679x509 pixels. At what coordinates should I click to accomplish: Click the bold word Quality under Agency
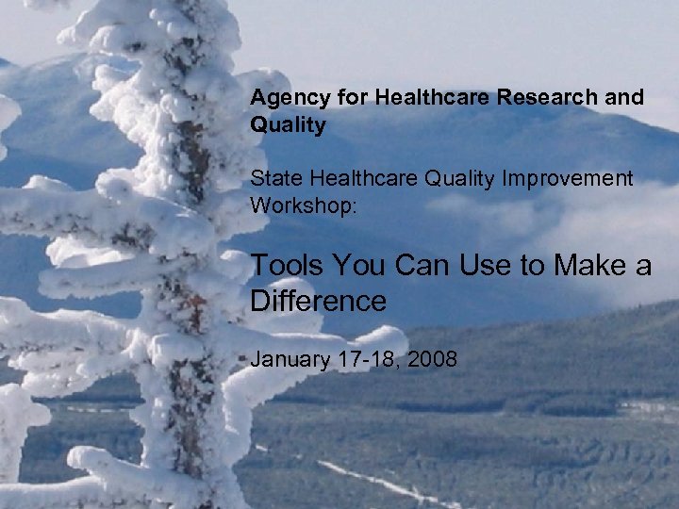tap(288, 125)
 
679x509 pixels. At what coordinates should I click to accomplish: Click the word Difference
tap(318, 301)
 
